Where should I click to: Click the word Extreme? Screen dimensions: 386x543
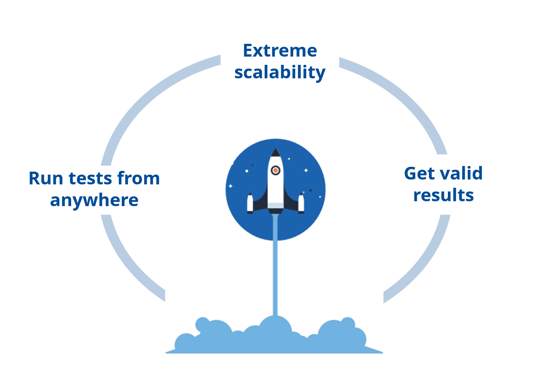click(x=280, y=51)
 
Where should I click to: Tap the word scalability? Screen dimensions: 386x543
click(x=280, y=72)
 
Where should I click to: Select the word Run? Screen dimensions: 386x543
click(x=46, y=178)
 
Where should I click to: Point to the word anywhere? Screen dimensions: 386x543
click(x=94, y=200)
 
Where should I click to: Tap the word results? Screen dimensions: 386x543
click(x=443, y=195)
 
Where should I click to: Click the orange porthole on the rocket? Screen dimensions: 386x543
click(x=276, y=171)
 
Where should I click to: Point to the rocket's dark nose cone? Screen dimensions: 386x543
click(x=276, y=153)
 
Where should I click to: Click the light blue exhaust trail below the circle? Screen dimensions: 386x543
click(x=276, y=277)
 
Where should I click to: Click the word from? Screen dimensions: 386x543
click(x=138, y=178)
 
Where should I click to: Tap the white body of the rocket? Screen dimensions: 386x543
click(x=276, y=187)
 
